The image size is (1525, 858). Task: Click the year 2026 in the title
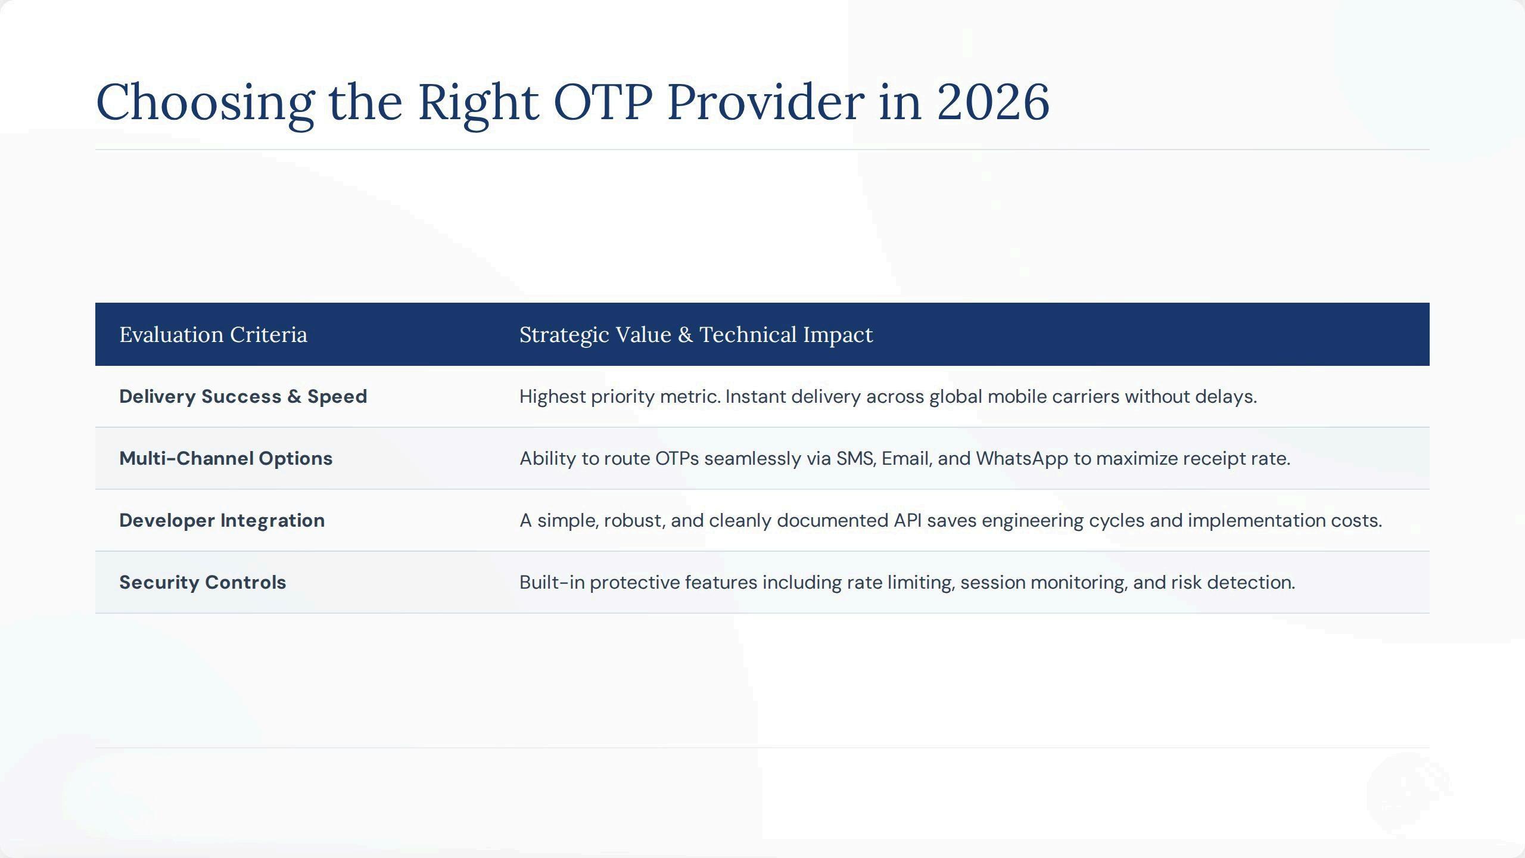(993, 102)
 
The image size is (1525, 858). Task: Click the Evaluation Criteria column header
(213, 335)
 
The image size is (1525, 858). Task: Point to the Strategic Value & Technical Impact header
(696, 335)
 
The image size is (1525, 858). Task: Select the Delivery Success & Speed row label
(243, 397)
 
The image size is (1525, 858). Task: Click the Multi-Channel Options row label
(226, 459)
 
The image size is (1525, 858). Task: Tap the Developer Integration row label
(222, 521)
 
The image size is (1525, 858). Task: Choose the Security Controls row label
(203, 582)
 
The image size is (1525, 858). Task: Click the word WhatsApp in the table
(1022, 459)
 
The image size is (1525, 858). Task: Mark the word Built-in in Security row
(552, 582)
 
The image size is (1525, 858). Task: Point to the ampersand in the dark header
(685, 335)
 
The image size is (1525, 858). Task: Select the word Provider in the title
(765, 102)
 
